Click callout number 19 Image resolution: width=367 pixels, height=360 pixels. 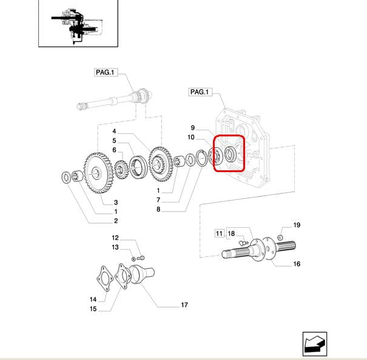pyautogui.click(x=297, y=225)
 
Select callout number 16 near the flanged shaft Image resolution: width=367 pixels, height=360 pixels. pyautogui.click(x=297, y=264)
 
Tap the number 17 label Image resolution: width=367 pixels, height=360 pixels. pyautogui.click(x=184, y=305)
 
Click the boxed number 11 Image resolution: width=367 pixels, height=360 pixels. pyautogui.click(x=219, y=233)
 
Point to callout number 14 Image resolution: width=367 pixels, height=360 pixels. pyautogui.click(x=93, y=299)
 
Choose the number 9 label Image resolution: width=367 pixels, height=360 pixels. pyautogui.click(x=192, y=128)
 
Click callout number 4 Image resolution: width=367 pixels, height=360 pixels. pyautogui.click(x=114, y=132)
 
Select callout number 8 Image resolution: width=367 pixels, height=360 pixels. pyautogui.click(x=158, y=210)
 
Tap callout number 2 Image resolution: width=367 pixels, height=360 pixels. pyautogui.click(x=115, y=221)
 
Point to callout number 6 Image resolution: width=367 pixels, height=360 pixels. pyautogui.click(x=114, y=150)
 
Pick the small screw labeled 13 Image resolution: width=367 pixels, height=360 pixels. pyautogui.click(x=140, y=258)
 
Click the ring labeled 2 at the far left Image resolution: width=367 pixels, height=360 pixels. pyautogui.click(x=66, y=178)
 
